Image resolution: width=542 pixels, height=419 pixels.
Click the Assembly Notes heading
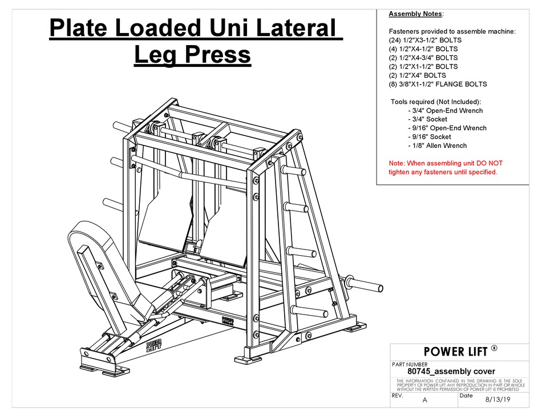coord(411,14)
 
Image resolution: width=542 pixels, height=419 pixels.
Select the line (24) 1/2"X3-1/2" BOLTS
coord(425,41)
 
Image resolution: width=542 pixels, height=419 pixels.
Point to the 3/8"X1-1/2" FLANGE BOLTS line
coord(438,84)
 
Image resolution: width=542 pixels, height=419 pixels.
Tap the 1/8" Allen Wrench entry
coord(438,146)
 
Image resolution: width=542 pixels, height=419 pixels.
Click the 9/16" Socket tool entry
coord(430,137)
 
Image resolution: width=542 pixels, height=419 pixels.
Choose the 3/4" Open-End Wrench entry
coord(446,111)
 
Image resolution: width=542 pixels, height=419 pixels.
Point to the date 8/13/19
coord(495,400)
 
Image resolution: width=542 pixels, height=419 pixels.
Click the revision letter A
coord(424,400)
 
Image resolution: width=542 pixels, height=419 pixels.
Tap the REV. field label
coord(398,395)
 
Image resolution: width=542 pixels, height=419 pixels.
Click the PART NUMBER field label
coord(410,364)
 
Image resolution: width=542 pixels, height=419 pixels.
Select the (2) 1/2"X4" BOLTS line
coord(417,75)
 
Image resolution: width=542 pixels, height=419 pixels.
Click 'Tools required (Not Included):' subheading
coord(436,102)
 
